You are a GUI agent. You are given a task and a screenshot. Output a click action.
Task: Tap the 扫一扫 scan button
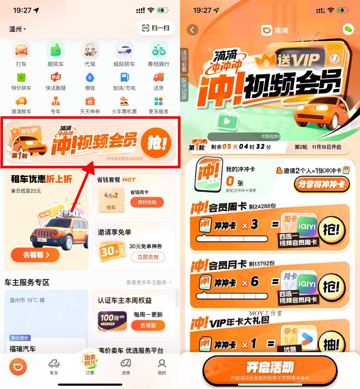pyautogui.click(x=155, y=28)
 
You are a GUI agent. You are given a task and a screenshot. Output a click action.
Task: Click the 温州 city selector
pyautogui.click(x=17, y=29)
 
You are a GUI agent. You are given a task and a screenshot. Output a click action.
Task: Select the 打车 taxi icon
pyautogui.click(x=21, y=51)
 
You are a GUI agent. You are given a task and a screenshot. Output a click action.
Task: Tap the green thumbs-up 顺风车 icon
pyautogui.click(x=55, y=51)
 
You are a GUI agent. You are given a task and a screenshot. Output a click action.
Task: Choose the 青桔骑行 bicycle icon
pyautogui.click(x=158, y=51)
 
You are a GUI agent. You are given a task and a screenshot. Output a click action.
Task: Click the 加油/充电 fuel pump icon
pyautogui.click(x=124, y=78)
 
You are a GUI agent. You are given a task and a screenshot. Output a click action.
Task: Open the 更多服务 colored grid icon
pyautogui.click(x=158, y=102)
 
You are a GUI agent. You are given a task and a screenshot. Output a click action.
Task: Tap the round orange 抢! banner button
pyautogui.click(x=156, y=143)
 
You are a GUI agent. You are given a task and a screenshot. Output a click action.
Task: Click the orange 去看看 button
pyautogui.click(x=35, y=255)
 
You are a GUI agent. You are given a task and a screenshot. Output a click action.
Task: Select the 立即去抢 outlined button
pyautogui.click(x=148, y=257)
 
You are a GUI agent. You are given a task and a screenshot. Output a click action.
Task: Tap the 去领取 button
pyautogui.click(x=148, y=325)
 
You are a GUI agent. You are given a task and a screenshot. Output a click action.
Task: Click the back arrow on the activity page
pyautogui.click(x=192, y=30)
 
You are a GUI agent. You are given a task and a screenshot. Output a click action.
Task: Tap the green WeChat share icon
pyautogui.click(x=348, y=29)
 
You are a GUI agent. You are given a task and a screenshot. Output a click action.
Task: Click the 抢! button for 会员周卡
pyautogui.click(x=331, y=230)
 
